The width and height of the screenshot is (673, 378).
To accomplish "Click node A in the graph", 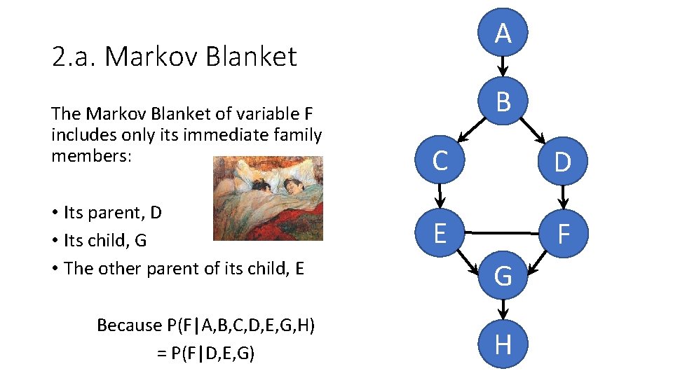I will [x=503, y=33].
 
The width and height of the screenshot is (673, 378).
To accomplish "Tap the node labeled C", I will [x=440, y=161].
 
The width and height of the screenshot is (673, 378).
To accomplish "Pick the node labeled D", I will [x=562, y=162].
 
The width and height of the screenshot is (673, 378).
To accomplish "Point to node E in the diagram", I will [x=440, y=232].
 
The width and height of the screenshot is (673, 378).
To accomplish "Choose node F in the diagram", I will [x=562, y=233].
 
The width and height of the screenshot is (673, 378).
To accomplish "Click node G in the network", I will [x=503, y=276].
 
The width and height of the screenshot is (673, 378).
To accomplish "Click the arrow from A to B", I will [x=503, y=66].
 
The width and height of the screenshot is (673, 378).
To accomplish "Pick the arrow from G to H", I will [x=503, y=309].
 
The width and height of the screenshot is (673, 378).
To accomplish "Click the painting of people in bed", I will [x=268, y=198].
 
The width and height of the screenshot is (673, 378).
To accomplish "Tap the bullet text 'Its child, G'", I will [x=105, y=240].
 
